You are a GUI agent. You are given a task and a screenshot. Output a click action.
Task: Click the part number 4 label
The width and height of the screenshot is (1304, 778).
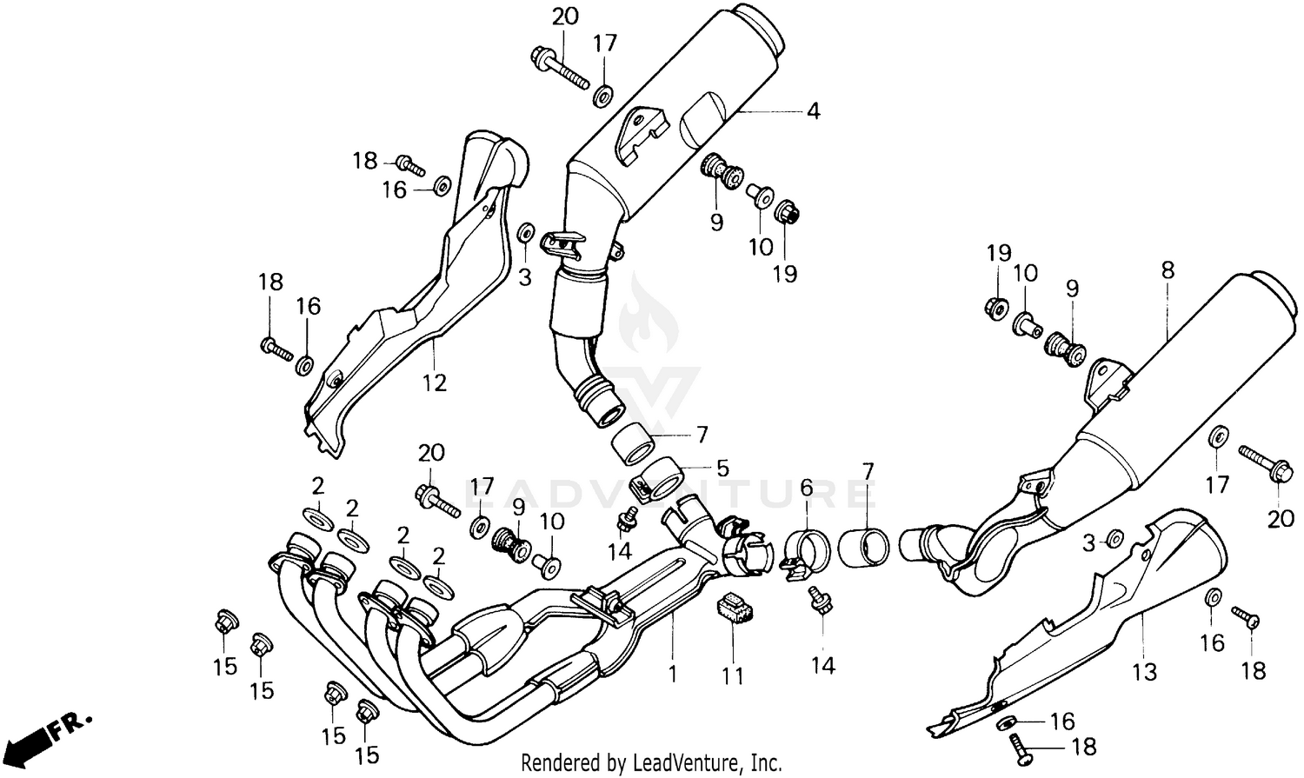813,111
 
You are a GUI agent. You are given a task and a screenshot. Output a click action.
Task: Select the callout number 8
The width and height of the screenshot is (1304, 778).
1167,270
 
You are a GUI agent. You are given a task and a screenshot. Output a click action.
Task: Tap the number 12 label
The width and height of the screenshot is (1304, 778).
434,382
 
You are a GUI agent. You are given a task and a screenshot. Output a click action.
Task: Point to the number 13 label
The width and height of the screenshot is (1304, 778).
1145,671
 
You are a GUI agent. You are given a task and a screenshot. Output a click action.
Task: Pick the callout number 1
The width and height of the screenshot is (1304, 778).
672,673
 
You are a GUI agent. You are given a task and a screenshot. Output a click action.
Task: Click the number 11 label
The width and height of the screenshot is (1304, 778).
733,675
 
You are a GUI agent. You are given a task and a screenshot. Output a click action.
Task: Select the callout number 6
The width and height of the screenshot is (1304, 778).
806,489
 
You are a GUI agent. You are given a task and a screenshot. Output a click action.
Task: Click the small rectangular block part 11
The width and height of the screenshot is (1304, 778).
732,607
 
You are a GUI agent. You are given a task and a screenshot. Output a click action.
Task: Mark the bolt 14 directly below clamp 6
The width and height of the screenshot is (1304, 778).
819,599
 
